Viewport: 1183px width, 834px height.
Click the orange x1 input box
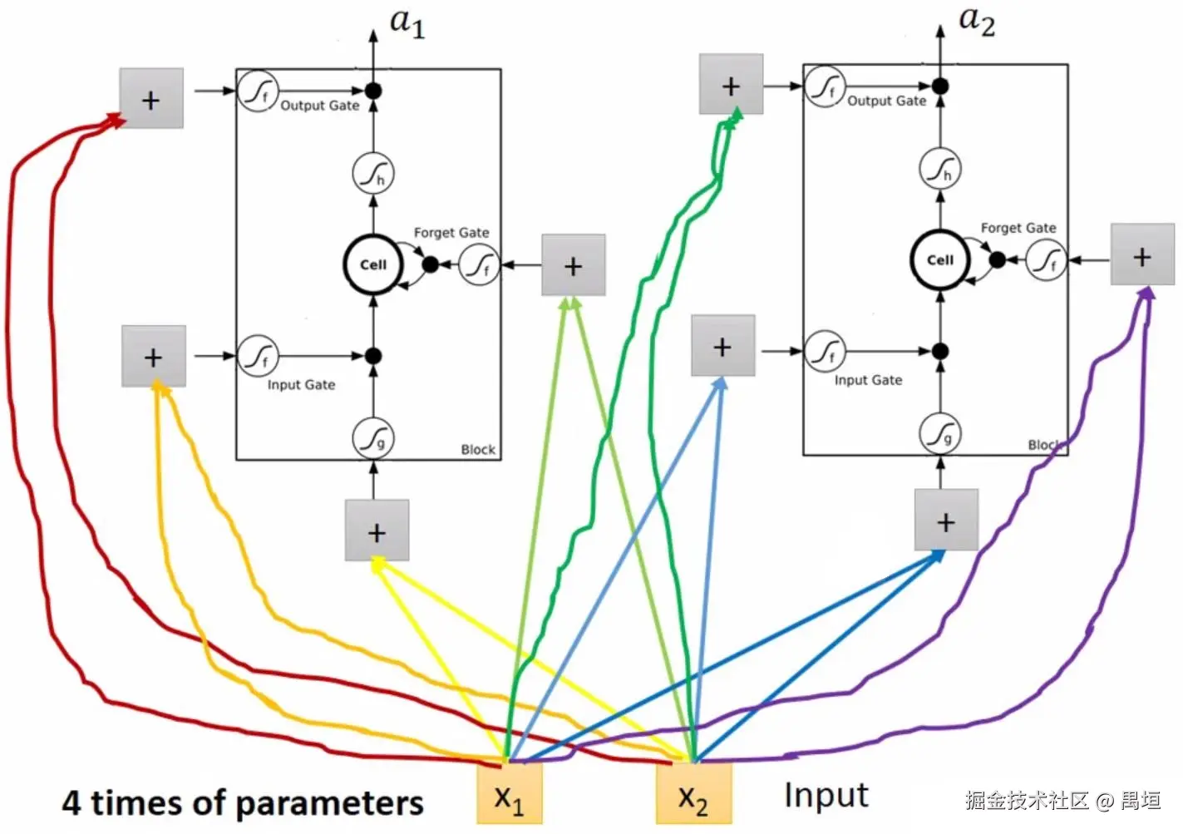[x=509, y=793]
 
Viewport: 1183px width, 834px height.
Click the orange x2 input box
[x=693, y=793]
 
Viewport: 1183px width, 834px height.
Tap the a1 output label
[x=407, y=23]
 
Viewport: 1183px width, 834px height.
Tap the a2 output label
[x=976, y=20]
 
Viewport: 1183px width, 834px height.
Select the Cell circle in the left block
[x=373, y=264]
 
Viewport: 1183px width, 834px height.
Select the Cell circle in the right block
[x=940, y=259]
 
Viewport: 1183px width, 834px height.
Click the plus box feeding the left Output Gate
[x=151, y=99]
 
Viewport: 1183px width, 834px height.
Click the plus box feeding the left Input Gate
[x=154, y=357]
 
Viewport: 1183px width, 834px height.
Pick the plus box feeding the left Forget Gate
[x=573, y=265]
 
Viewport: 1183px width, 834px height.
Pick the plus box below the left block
[x=377, y=531]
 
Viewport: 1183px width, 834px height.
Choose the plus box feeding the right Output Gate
[x=731, y=85]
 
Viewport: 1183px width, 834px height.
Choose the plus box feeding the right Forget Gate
[x=1142, y=255]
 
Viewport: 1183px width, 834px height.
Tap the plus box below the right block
[x=945, y=521]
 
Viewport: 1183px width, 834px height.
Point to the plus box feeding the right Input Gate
[x=722, y=346]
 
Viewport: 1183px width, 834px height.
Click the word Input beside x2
[x=826, y=796]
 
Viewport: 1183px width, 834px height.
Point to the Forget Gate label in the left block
[x=451, y=233]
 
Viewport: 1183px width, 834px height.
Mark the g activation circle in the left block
[x=373, y=438]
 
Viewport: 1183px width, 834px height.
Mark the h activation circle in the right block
[x=940, y=170]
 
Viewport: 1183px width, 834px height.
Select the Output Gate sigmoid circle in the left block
[x=259, y=90]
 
